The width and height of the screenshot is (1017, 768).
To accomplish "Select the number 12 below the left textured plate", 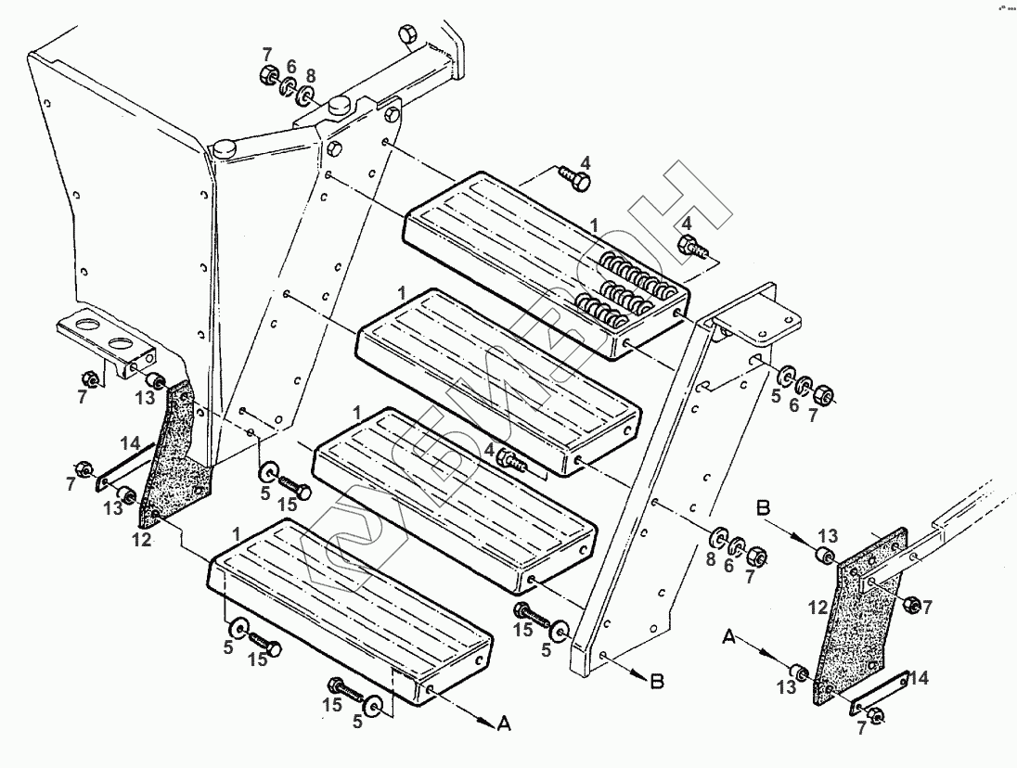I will (141, 541).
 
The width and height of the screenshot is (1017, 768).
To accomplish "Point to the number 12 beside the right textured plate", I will (817, 608).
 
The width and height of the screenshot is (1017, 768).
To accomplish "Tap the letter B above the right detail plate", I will (765, 508).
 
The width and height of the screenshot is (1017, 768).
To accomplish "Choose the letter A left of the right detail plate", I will (730, 639).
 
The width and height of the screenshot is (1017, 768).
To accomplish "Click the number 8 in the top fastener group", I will (310, 76).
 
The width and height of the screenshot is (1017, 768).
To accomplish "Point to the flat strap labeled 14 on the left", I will (121, 467).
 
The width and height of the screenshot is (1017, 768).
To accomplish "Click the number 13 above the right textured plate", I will (828, 536).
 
